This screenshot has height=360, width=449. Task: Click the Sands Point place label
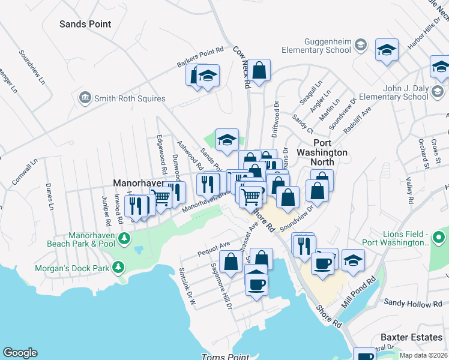(x=85, y=24)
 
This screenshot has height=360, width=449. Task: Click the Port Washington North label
(x=322, y=157)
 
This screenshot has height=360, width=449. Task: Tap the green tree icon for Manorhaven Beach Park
(x=124, y=239)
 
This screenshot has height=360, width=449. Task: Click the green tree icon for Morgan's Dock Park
(x=118, y=266)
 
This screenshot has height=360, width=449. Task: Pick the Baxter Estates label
(x=412, y=338)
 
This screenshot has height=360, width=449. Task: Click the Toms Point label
(x=221, y=356)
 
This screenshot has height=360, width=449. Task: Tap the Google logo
(x=20, y=353)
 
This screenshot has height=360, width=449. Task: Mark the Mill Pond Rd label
(x=358, y=292)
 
